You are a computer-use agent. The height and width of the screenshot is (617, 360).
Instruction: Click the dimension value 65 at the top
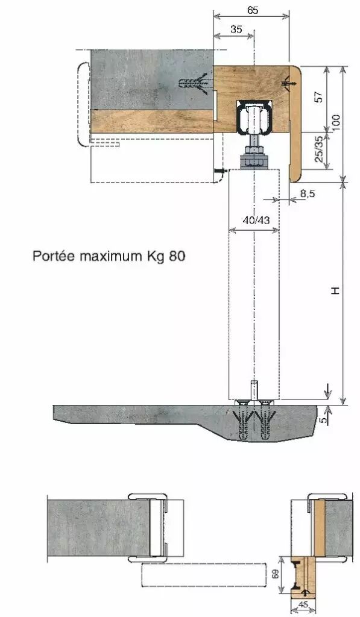pyautogui.click(x=253, y=10)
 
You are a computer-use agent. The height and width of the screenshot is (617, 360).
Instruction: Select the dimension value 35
pyautogui.click(x=236, y=29)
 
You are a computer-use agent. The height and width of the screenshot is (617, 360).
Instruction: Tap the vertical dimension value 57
pyautogui.click(x=319, y=97)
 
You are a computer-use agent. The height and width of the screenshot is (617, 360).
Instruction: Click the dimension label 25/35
pyautogui.click(x=319, y=150)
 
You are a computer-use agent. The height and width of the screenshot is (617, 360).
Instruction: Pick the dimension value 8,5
pyautogui.click(x=307, y=193)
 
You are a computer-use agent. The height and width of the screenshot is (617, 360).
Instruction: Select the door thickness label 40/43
pyautogui.click(x=256, y=220)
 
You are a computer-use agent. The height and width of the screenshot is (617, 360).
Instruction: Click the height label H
pyautogui.click(x=335, y=291)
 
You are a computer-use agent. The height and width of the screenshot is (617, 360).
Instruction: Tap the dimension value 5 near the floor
pyautogui.click(x=323, y=420)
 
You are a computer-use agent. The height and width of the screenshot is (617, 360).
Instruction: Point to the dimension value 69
pyautogui.click(x=276, y=574)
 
